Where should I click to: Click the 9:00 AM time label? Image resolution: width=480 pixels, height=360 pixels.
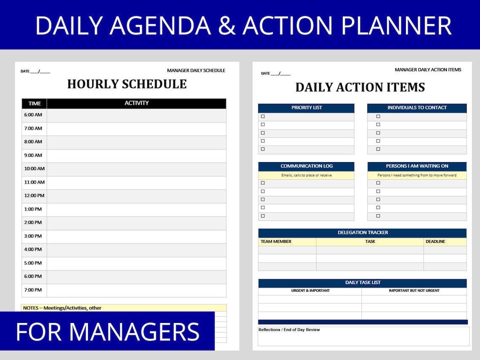(x=33, y=155)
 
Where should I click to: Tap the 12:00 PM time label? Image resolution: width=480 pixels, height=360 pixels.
(x=34, y=196)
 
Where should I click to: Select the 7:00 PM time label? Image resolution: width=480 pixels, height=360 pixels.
(x=33, y=290)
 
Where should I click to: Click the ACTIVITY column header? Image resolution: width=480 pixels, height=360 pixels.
(x=136, y=103)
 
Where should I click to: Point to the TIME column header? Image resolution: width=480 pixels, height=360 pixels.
(x=35, y=104)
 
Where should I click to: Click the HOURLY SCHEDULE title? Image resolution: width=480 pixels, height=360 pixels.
(x=127, y=84)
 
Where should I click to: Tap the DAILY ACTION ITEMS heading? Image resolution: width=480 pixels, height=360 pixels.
(x=360, y=88)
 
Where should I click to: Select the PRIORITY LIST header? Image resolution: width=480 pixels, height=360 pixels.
(x=307, y=108)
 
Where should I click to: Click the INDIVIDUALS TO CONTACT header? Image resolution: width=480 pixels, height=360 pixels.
(x=417, y=108)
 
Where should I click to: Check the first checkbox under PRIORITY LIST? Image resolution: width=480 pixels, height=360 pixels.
(x=263, y=117)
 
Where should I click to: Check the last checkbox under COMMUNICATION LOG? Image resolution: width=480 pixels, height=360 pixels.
(x=263, y=216)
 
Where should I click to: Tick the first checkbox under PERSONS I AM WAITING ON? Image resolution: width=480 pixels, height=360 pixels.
(x=378, y=183)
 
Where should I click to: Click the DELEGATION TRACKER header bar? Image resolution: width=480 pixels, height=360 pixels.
(x=363, y=233)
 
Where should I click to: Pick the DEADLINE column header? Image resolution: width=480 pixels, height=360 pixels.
(x=435, y=242)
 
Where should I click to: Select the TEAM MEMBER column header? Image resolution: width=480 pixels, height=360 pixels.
(x=276, y=242)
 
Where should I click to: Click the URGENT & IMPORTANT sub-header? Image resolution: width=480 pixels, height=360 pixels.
(x=310, y=291)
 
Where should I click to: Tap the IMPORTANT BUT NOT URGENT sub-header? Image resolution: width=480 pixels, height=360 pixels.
(x=414, y=291)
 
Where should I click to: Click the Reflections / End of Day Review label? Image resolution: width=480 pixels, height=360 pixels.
(x=289, y=330)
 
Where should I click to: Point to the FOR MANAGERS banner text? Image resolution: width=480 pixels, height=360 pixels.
(x=107, y=332)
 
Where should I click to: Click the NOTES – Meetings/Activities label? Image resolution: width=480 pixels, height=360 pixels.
(x=62, y=308)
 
